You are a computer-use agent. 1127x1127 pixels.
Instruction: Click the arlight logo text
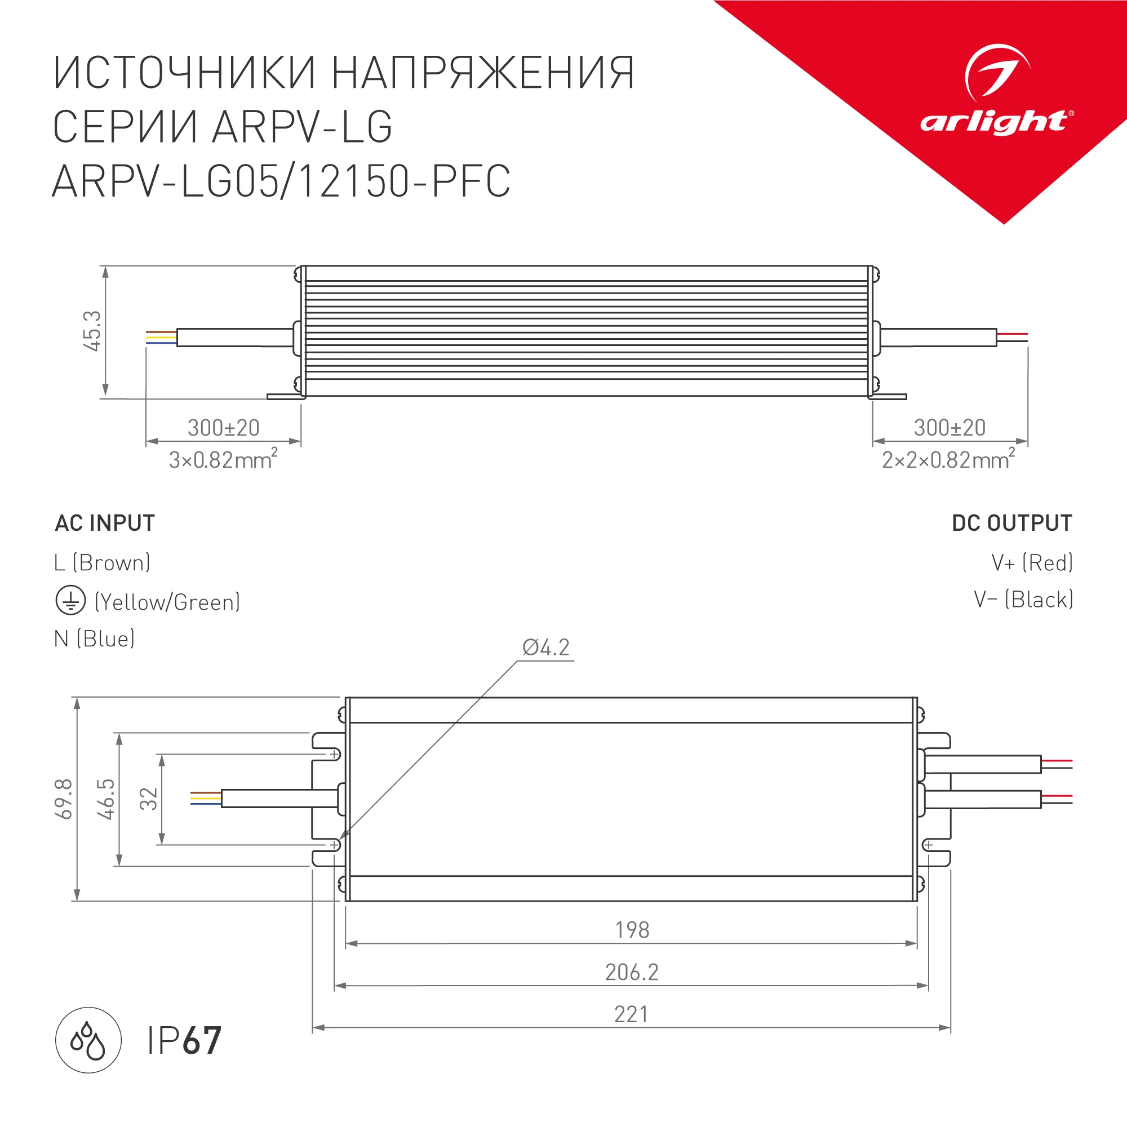(995, 122)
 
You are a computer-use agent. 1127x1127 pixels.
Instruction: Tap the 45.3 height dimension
(93, 331)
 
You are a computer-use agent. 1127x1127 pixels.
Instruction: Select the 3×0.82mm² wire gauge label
(223, 460)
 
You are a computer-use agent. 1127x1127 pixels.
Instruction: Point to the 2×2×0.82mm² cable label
(948, 460)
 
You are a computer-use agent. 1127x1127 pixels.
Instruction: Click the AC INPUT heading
(105, 523)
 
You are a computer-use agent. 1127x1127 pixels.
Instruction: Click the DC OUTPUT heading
(1012, 523)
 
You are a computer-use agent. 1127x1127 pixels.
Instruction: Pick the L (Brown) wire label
(102, 563)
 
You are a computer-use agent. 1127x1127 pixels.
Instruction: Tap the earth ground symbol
(70, 601)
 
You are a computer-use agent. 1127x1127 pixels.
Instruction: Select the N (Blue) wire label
(95, 639)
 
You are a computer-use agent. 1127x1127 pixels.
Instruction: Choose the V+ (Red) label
(1032, 563)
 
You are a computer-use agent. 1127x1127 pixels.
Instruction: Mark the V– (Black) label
(1023, 600)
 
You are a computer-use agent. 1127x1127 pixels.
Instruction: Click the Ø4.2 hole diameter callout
(546, 648)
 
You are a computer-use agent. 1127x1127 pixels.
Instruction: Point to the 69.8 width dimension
(64, 799)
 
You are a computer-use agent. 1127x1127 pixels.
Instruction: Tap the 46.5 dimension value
(106, 799)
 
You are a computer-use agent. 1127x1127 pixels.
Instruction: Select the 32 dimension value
(149, 799)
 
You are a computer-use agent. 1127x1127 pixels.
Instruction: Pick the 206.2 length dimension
(632, 973)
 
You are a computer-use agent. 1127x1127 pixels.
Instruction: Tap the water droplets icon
(88, 1040)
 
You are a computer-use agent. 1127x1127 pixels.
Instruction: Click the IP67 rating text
(184, 1040)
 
